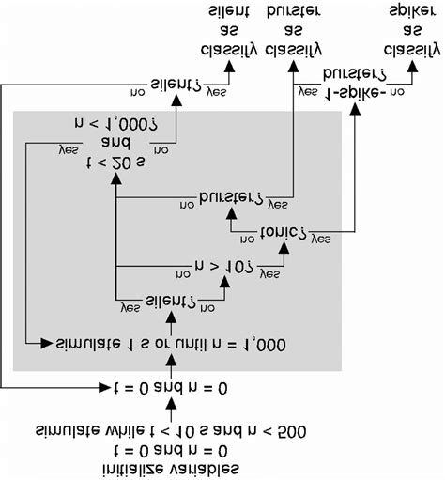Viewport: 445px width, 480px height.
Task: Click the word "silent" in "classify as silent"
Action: click(x=228, y=13)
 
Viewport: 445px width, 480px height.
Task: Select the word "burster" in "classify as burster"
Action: click(x=294, y=13)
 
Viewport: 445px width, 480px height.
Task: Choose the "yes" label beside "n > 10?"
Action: click(x=269, y=273)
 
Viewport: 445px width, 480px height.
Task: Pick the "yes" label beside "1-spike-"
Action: click(x=308, y=94)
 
